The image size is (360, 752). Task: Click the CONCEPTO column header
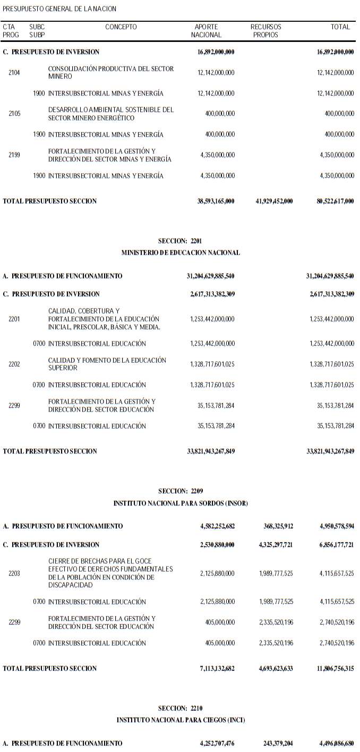[x=121, y=27]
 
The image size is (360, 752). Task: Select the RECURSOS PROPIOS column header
[x=265, y=31]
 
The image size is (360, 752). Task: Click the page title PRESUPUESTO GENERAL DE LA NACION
[x=59, y=9]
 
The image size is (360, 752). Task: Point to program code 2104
[x=14, y=73]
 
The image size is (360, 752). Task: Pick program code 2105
[x=14, y=114]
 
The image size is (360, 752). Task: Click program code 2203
[x=14, y=574]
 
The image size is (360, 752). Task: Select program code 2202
[x=14, y=364]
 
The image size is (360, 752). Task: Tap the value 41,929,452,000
[x=274, y=201]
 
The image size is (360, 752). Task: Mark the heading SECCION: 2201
[x=180, y=241]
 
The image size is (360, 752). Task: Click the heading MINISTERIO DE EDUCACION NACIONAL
[x=181, y=253]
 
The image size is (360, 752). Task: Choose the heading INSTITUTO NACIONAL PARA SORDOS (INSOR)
[x=181, y=503]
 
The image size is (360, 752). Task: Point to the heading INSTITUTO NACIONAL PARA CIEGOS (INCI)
[x=181, y=720]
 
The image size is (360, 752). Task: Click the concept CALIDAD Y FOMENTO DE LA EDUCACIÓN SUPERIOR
[x=107, y=364]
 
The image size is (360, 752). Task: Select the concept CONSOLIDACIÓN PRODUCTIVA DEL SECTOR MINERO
[x=110, y=73]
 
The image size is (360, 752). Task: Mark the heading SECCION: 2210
[x=180, y=708]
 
